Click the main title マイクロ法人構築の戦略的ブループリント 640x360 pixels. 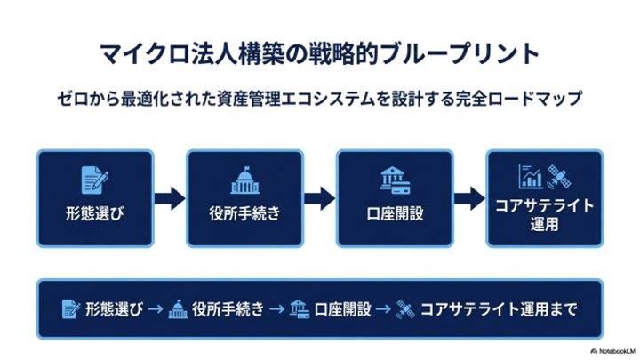click(320, 53)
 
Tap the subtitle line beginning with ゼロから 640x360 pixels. click(320, 99)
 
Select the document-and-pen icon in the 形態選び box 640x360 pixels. click(95, 180)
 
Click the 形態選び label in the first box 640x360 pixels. click(95, 213)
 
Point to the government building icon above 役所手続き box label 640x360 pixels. click(245, 180)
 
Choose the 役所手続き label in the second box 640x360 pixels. click(245, 213)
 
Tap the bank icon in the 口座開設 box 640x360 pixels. click(395, 180)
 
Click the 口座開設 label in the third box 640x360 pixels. click(395, 213)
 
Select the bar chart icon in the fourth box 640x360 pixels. click(531, 177)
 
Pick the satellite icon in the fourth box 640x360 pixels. click(559, 177)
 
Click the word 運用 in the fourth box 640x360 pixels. click(544, 224)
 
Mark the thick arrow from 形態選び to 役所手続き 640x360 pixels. click(170, 199)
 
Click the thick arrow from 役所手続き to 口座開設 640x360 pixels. click(320, 199)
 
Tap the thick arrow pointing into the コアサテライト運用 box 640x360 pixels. click(470, 199)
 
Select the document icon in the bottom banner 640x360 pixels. click(71, 309)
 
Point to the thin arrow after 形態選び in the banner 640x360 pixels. click(156, 309)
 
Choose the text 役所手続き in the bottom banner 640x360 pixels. click(228, 309)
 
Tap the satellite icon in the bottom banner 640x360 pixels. click(405, 309)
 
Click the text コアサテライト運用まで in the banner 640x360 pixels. click(499, 309)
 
